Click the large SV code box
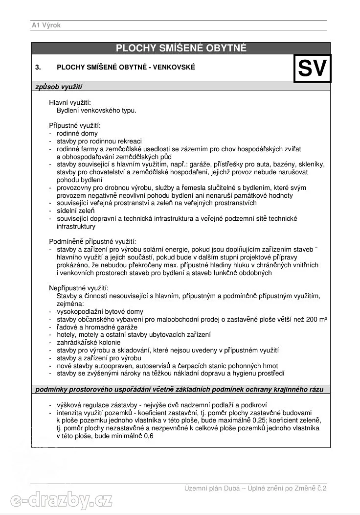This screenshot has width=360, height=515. (x=312, y=68)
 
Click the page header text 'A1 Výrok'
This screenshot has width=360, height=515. (x=46, y=25)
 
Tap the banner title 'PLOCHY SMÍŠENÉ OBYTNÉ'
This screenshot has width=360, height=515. (x=181, y=48)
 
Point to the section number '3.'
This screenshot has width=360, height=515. (x=38, y=67)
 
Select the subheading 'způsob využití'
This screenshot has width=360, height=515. (x=58, y=87)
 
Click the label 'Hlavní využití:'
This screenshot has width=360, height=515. (x=69, y=102)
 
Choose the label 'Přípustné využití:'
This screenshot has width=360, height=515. (x=74, y=126)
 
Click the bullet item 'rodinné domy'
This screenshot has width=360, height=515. (x=77, y=133)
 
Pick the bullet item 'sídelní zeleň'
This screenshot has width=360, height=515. (x=76, y=211)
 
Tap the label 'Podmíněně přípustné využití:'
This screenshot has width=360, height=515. (x=92, y=242)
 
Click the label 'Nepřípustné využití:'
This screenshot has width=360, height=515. (x=78, y=288)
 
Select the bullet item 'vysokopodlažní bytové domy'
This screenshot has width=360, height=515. (x=100, y=311)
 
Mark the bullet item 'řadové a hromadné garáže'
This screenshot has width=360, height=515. (x=97, y=327)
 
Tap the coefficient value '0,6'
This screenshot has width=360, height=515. (x=149, y=436)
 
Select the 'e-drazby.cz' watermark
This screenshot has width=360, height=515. (x=62, y=501)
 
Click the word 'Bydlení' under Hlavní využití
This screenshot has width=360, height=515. (x=68, y=110)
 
